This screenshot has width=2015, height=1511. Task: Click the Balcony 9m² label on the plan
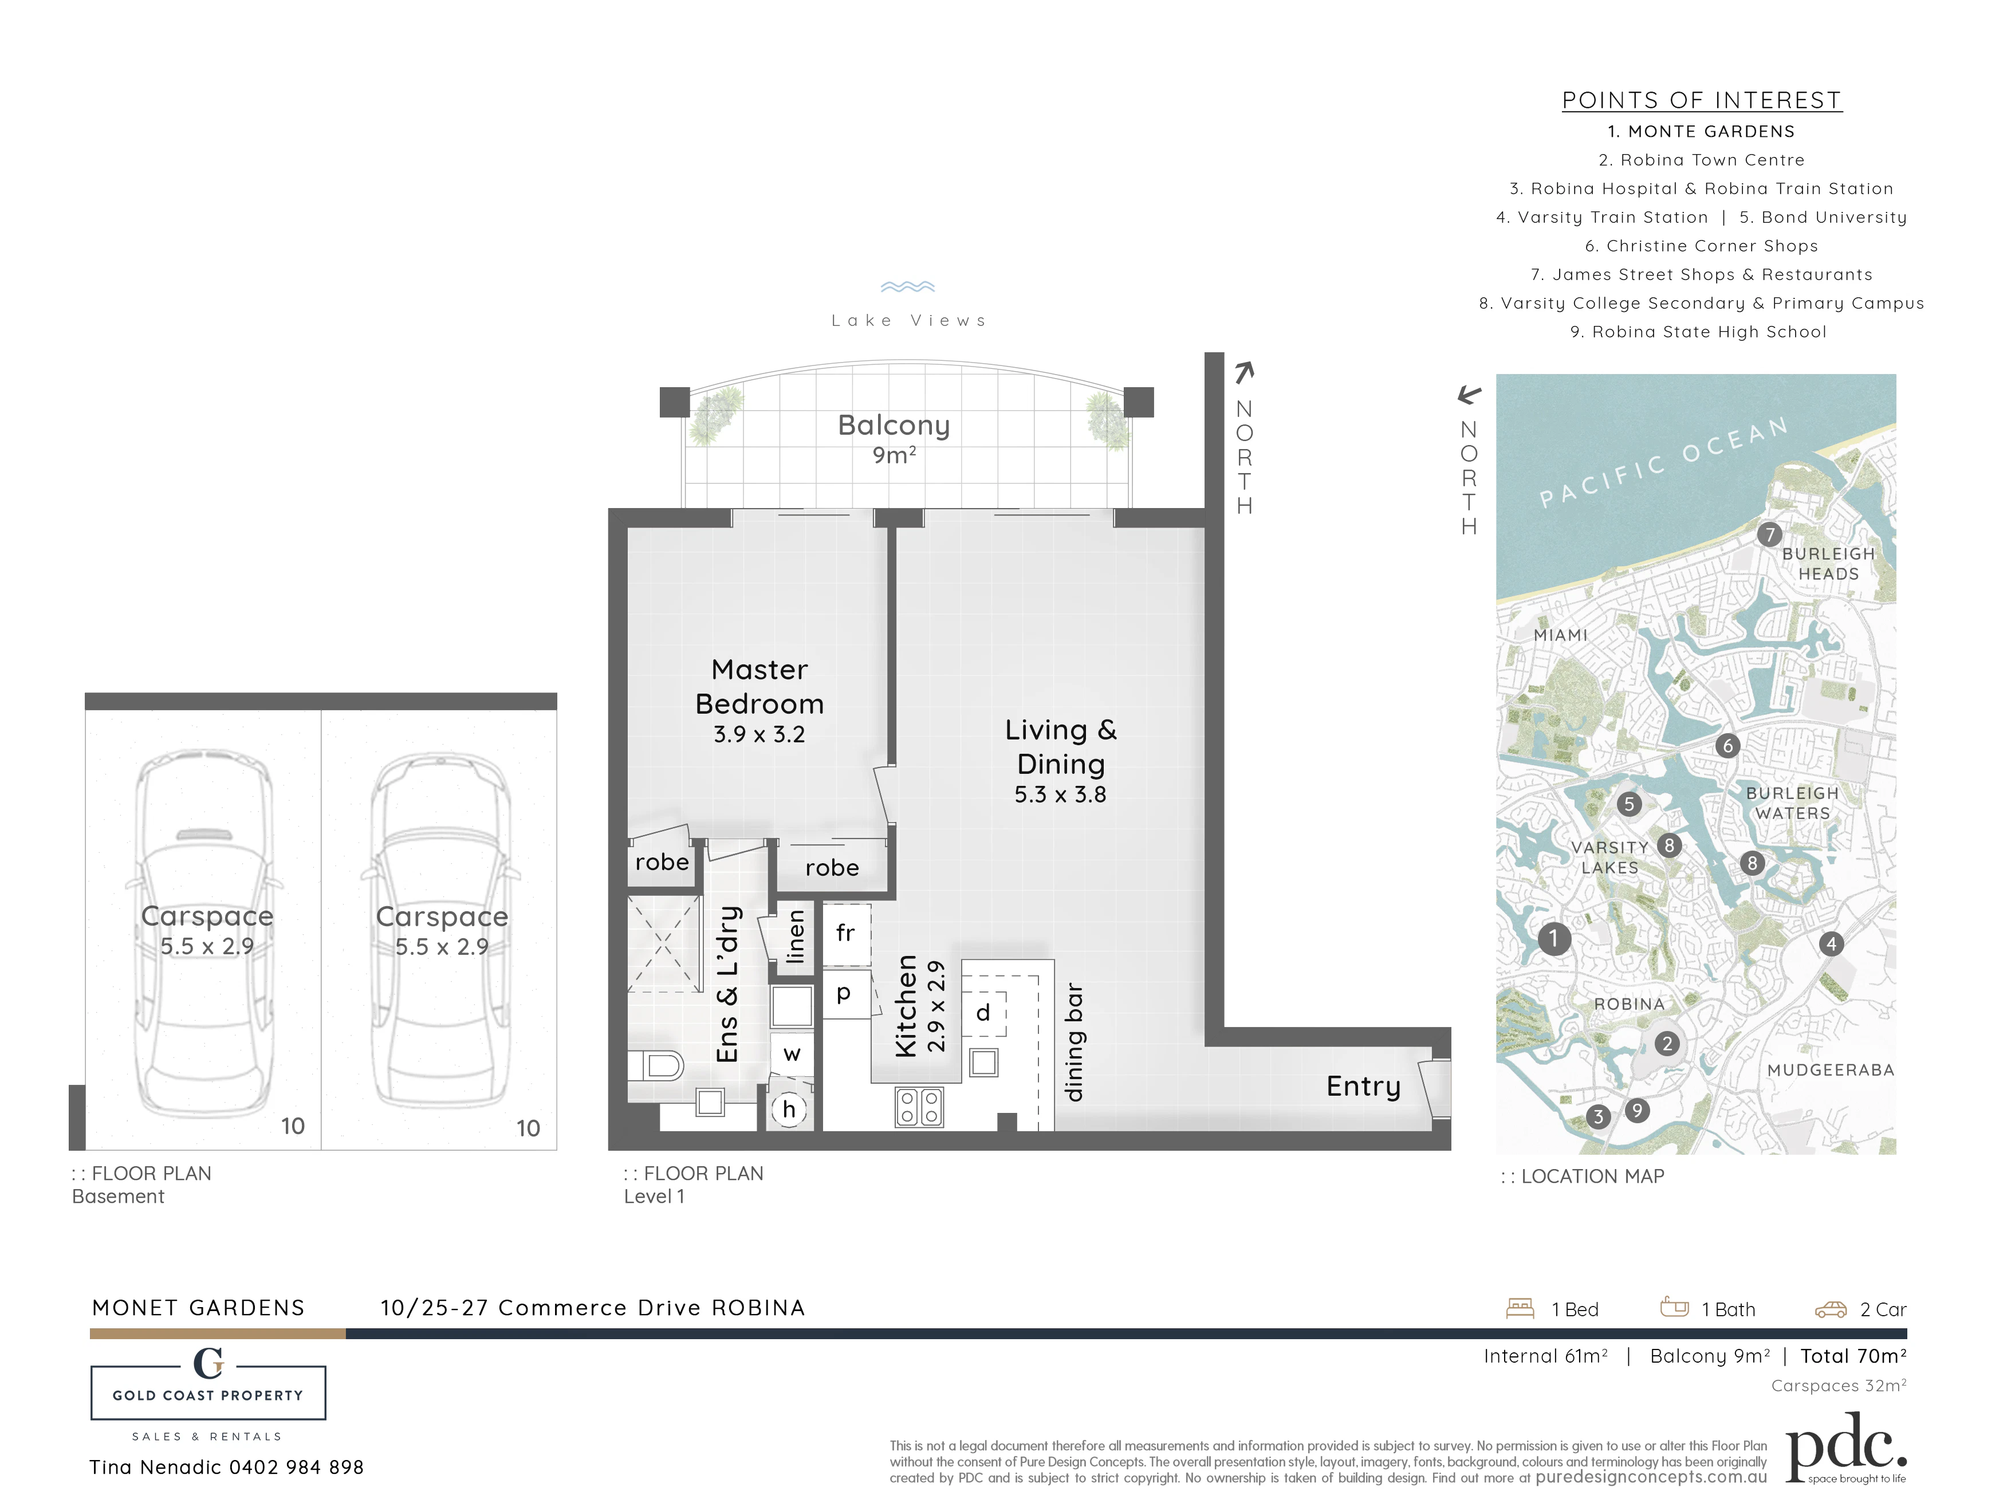(x=894, y=438)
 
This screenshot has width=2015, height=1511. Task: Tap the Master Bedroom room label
(x=759, y=687)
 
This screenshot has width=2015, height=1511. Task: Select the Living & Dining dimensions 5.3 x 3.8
(x=1060, y=794)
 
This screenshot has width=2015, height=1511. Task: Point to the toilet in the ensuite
(x=656, y=1065)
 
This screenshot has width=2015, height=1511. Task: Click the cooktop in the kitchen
(x=919, y=1108)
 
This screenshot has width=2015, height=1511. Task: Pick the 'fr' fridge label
(x=845, y=932)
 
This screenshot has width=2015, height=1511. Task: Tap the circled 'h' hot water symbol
(x=789, y=1109)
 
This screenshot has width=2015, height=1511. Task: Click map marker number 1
(x=1554, y=938)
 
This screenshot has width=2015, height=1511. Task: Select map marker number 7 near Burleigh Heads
(x=1769, y=534)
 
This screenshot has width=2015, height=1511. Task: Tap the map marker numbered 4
(x=1832, y=943)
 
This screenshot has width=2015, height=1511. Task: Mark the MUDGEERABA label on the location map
(x=1831, y=1070)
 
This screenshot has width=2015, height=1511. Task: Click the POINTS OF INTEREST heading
(x=1702, y=100)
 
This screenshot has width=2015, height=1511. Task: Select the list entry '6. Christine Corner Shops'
(x=1702, y=246)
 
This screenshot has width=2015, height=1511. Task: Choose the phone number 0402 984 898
(x=296, y=1467)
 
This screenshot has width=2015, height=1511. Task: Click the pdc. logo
(x=1845, y=1447)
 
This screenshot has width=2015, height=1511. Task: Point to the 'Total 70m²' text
(x=1853, y=1356)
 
